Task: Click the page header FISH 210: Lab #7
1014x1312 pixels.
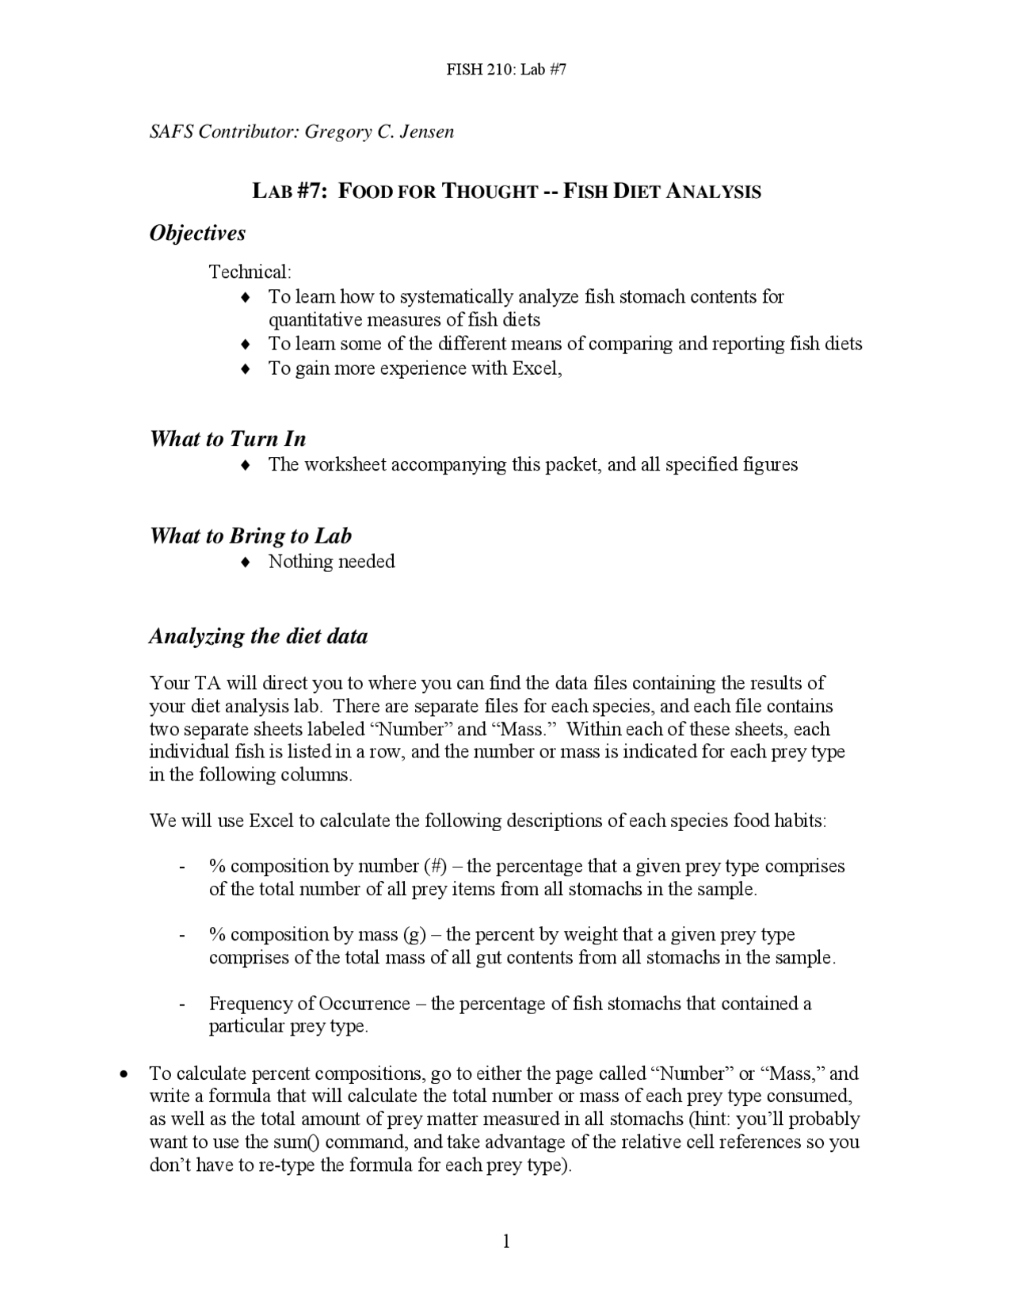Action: tap(506, 69)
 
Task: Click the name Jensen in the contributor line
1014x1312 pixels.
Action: tap(427, 132)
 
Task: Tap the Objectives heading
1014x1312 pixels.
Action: tap(197, 233)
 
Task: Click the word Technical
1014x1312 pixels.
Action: tap(249, 273)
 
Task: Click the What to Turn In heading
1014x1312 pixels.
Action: tap(227, 439)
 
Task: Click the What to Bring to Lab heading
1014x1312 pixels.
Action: tap(250, 536)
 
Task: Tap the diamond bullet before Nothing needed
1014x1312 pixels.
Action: tap(246, 562)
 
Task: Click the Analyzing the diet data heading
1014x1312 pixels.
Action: tap(258, 636)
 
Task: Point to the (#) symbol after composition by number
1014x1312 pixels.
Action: tap(435, 866)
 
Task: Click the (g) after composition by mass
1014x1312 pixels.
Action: tap(415, 935)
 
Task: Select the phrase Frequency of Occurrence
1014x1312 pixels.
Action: tap(309, 1004)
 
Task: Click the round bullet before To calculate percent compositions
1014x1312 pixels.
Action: tap(123, 1075)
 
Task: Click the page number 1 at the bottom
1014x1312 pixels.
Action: tap(506, 1241)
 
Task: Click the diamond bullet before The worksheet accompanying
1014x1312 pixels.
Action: tap(246, 465)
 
